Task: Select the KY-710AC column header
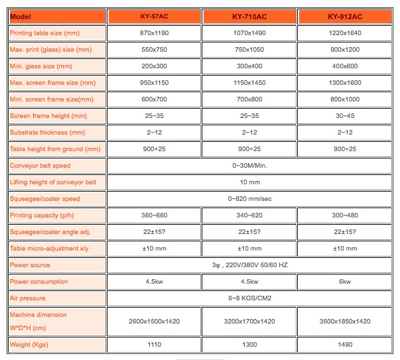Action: pyautogui.click(x=249, y=15)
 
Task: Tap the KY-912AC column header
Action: pyautogui.click(x=344, y=15)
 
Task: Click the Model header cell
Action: pyautogui.click(x=56, y=15)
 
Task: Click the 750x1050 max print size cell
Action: pyautogui.click(x=249, y=49)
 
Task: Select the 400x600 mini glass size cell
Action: pyautogui.click(x=344, y=66)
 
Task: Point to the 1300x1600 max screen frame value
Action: pyautogui.click(x=344, y=83)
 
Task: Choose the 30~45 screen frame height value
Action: pyautogui.click(x=344, y=116)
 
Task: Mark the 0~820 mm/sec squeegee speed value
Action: pyautogui.click(x=249, y=199)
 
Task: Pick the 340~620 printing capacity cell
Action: pyautogui.click(x=249, y=215)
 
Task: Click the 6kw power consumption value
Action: pyautogui.click(x=344, y=282)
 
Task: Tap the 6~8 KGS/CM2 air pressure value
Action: pyautogui.click(x=249, y=298)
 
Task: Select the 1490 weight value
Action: pyautogui.click(x=344, y=345)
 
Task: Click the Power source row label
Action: pyautogui.click(x=56, y=265)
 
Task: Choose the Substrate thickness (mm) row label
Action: pyautogui.click(x=56, y=133)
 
